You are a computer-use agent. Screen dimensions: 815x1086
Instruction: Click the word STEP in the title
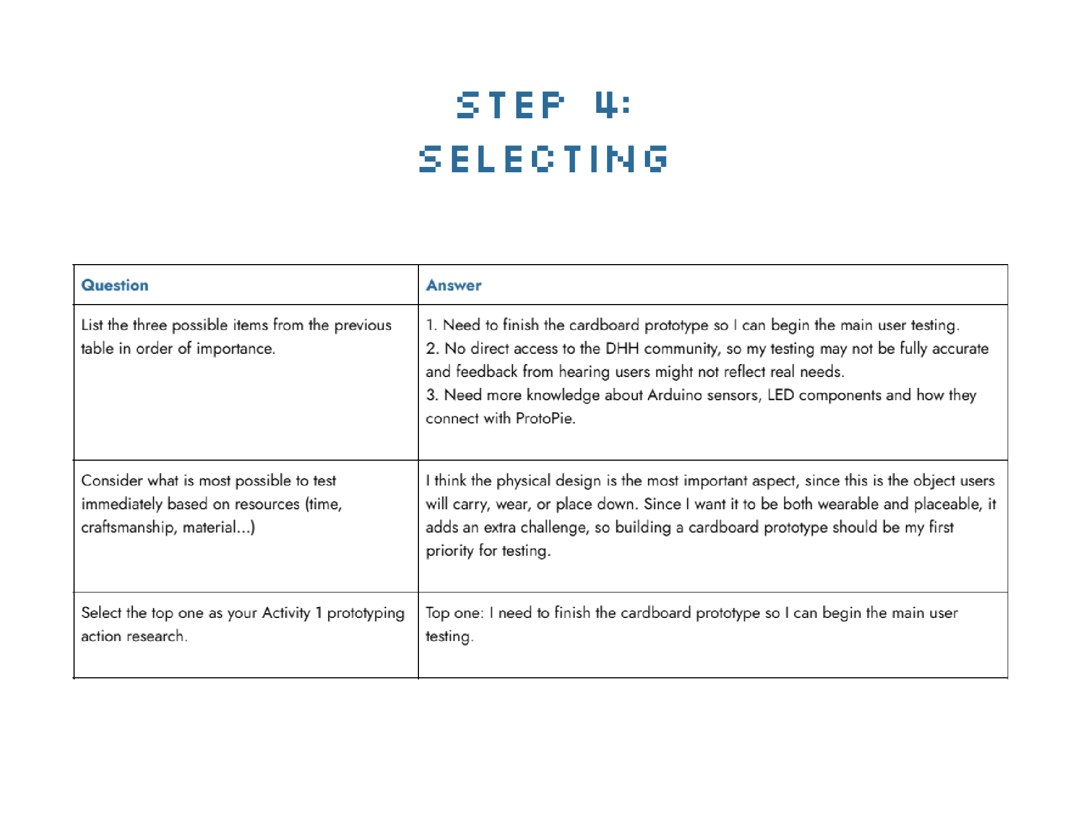coord(511,105)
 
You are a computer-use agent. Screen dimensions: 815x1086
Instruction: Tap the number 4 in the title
coord(606,105)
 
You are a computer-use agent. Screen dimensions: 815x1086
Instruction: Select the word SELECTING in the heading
coord(543,159)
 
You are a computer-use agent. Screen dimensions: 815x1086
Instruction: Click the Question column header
coord(115,285)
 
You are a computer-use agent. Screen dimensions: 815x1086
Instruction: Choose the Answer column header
coord(454,285)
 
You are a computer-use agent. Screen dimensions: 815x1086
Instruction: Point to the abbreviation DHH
coord(622,348)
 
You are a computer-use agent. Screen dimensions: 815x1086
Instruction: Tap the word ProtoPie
coord(544,419)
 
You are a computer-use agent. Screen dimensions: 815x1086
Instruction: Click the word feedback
coord(487,372)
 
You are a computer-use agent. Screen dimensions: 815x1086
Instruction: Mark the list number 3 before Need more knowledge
coord(431,395)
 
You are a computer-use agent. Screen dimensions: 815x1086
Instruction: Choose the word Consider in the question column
coord(112,481)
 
